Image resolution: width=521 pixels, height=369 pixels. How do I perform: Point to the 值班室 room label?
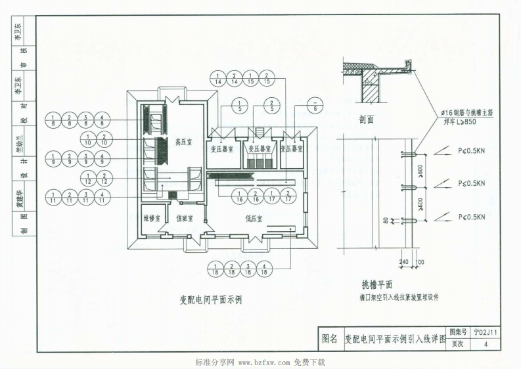[x=186, y=219]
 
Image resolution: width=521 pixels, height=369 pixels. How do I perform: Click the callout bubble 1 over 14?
[x=218, y=79]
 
